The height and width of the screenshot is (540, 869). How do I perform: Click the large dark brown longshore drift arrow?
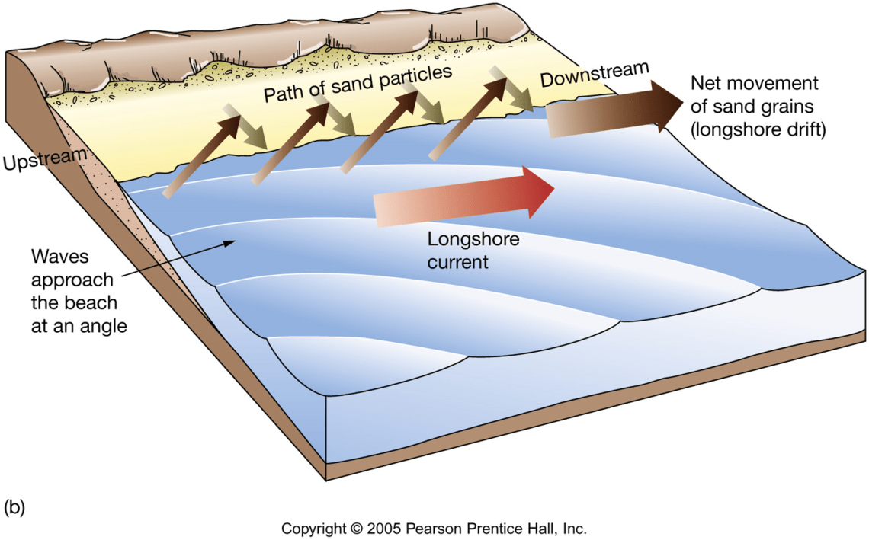[610, 110]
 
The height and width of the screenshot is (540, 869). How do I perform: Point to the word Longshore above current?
[473, 241]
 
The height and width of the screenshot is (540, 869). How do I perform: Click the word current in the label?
[457, 262]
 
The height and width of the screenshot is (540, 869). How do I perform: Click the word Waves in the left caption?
[56, 257]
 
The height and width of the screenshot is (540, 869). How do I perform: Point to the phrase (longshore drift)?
[758, 130]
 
